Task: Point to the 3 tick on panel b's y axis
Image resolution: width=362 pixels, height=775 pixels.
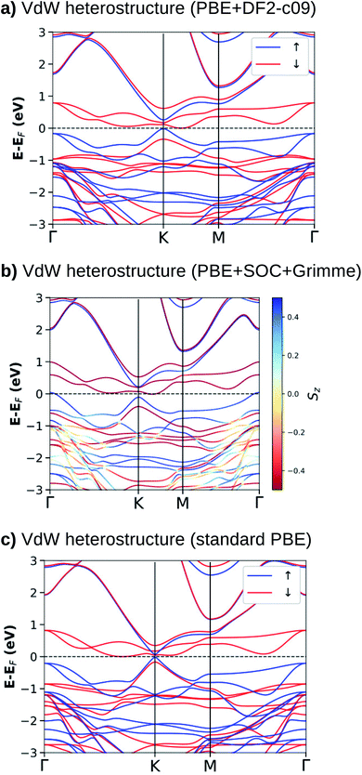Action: coord(38,298)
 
